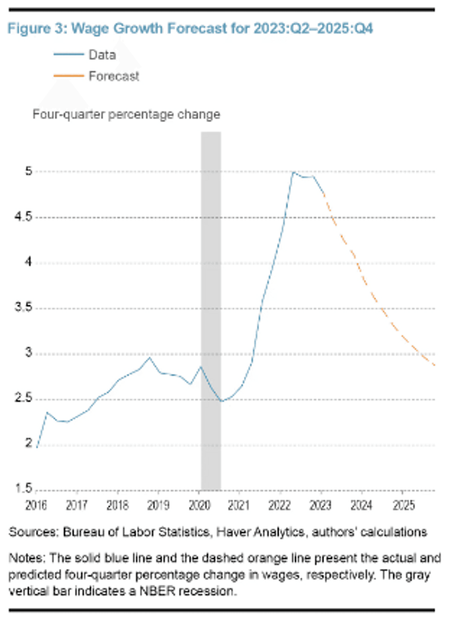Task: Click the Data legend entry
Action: pyautogui.click(x=102, y=55)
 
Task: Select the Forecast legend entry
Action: pyautogui.click(x=113, y=76)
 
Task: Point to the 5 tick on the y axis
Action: pyautogui.click(x=29, y=171)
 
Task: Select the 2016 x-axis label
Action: pyautogui.click(x=36, y=506)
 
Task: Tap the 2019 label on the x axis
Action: pyautogui.click(x=158, y=506)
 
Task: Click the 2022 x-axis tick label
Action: pyautogui.click(x=280, y=506)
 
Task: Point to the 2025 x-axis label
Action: pyautogui.click(x=404, y=506)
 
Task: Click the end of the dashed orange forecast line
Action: pyautogui.click(x=434, y=365)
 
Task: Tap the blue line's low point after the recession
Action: pyautogui.click(x=221, y=401)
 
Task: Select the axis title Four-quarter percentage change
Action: pyautogui.click(x=126, y=114)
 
